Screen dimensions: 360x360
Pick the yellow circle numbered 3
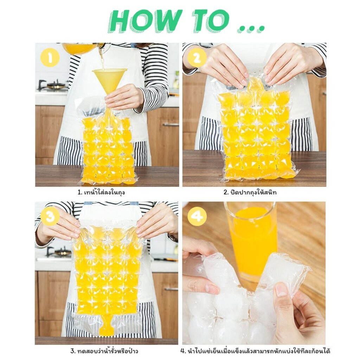click(50, 216)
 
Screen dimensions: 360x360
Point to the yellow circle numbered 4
click(197, 216)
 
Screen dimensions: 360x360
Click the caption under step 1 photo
click(101, 192)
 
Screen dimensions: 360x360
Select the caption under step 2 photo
click(250, 192)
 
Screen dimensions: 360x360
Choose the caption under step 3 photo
click(104, 351)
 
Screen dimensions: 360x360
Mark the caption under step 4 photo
click(255, 351)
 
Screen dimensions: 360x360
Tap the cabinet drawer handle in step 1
click(171, 125)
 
